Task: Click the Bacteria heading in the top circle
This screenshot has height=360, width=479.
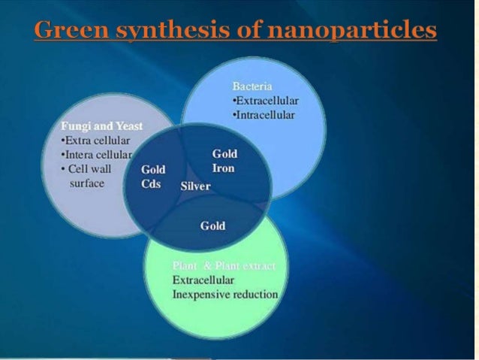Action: click(x=251, y=86)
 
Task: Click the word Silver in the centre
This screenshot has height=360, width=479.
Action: click(x=196, y=186)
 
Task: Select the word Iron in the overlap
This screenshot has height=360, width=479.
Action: click(x=224, y=168)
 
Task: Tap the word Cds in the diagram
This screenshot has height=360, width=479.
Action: click(x=151, y=183)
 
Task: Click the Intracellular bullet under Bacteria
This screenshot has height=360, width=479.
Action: click(x=264, y=115)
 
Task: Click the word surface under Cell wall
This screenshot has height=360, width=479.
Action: click(x=86, y=183)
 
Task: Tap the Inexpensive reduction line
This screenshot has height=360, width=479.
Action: click(x=224, y=294)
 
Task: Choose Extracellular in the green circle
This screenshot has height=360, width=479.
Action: click(x=203, y=280)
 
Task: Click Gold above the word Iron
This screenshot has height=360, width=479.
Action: click(x=225, y=154)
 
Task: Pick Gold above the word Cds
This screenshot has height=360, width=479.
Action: click(x=153, y=170)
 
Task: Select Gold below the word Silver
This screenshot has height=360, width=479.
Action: click(x=212, y=225)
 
